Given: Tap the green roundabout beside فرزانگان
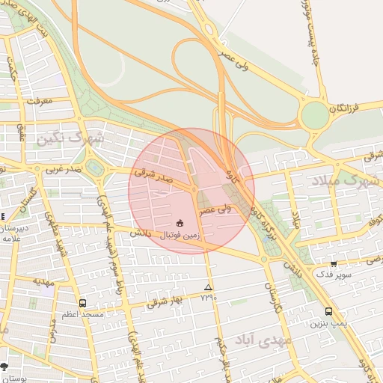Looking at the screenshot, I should coord(314,115).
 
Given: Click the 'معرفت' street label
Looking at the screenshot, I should coord(37,99).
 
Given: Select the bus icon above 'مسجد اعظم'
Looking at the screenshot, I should coord(82,303).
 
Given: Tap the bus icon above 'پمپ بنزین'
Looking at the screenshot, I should coord(328,311).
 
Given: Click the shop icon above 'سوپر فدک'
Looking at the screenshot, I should coord(333,263).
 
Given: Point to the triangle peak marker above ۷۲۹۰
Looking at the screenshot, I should coord(208,287).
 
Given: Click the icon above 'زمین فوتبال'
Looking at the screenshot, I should coord(180,223).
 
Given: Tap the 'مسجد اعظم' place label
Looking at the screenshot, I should coord(82,315).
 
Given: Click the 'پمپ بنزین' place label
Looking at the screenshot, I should coord(328,324).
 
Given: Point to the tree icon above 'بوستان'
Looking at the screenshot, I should coord(4,367).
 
